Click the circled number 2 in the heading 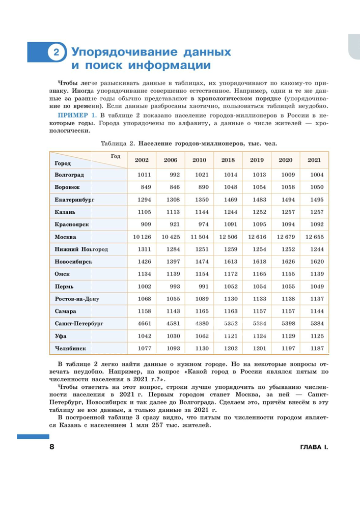coord(57,53)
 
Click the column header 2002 coord(142,160)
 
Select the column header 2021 coord(314,160)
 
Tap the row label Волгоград coord(72,175)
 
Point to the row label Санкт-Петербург coord(79,324)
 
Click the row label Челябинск coord(70,349)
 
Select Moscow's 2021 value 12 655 coord(314,237)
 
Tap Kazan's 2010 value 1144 coord(199,212)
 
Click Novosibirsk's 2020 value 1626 coord(285,262)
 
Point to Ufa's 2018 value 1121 coord(228,336)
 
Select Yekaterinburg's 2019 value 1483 coord(256,200)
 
